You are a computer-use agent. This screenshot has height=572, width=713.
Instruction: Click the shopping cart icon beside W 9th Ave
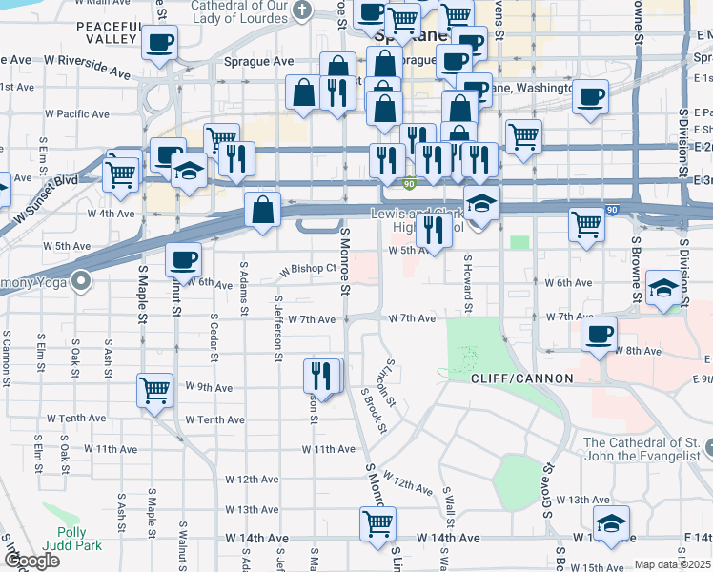155,389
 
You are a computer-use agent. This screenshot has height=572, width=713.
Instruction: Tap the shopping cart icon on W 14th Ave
378,522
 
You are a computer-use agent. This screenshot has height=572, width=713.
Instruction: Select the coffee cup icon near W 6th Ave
183,258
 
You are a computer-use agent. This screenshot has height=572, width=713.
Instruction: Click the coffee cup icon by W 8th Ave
600,334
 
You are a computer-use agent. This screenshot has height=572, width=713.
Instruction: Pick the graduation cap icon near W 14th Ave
611,522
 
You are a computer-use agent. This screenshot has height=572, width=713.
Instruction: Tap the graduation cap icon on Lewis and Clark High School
483,204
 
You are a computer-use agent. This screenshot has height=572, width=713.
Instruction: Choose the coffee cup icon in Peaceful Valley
158,42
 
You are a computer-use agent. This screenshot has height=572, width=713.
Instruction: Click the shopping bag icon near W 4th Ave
261,210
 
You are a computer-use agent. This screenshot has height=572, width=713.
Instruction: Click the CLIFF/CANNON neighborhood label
521,378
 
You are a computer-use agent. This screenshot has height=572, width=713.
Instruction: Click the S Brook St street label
373,410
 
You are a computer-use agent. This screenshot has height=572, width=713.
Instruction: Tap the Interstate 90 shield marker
408,184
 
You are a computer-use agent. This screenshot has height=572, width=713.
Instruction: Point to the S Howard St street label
468,283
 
